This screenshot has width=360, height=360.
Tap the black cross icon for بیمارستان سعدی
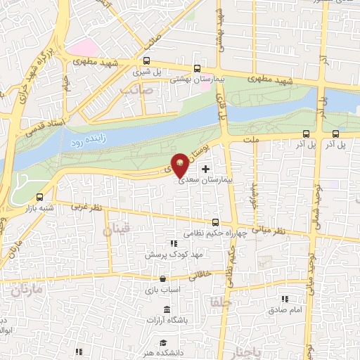[x=205, y=169]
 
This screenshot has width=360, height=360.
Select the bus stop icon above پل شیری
[x=146, y=60]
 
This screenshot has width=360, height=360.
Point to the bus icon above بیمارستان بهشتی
[x=196, y=69]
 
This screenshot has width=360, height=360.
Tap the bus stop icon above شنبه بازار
[x=39, y=197]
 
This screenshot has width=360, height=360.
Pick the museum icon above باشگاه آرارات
[x=167, y=310]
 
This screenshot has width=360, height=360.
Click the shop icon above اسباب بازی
[x=162, y=278]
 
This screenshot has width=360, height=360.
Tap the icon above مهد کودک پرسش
[x=163, y=242]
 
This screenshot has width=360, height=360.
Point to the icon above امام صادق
[x=285, y=299]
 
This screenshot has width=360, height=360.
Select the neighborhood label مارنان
[x=26, y=289]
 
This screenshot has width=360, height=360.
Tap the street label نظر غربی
[x=86, y=207]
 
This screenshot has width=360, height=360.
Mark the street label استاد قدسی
[x=45, y=127]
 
